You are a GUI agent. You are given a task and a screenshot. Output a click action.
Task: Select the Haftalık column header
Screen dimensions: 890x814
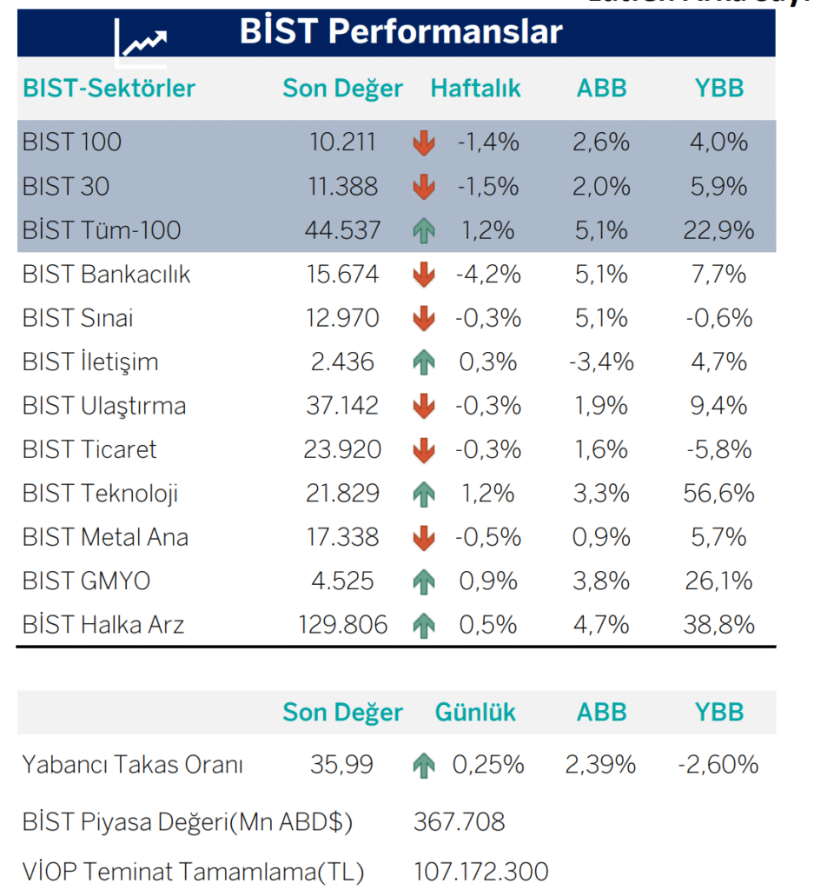click(475, 89)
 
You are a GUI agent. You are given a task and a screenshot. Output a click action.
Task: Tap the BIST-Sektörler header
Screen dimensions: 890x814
click(109, 89)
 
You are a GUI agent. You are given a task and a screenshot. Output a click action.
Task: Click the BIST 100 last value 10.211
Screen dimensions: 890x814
click(343, 142)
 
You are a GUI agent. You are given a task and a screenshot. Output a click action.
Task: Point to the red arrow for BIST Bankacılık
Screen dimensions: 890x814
click(423, 275)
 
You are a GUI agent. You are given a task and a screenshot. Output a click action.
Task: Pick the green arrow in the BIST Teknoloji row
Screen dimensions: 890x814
click(423, 494)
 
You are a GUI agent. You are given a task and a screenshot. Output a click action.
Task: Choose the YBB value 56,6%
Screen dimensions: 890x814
click(719, 494)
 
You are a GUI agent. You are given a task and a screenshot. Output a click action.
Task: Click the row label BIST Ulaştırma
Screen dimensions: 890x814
click(104, 406)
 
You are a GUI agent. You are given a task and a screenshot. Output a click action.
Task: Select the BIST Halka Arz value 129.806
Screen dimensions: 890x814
click(341, 624)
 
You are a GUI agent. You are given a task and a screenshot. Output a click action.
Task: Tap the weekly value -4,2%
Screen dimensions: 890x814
click(488, 275)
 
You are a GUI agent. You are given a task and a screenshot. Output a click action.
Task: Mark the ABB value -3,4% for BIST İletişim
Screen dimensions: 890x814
click(602, 362)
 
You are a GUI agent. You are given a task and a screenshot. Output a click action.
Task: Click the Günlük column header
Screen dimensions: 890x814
click(475, 713)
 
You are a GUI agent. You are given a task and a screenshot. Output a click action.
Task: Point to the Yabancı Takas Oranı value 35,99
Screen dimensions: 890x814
click(341, 765)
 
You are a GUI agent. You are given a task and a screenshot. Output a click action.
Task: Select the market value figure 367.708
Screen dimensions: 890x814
click(460, 821)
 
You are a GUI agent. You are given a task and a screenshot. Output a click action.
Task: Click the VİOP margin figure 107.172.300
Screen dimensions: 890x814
click(481, 871)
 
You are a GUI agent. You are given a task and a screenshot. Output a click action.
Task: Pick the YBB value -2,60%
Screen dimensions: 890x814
click(718, 765)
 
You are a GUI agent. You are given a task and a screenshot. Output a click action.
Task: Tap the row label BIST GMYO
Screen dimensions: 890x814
click(87, 581)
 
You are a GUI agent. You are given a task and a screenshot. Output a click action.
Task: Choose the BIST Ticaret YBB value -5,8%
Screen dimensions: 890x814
click(719, 449)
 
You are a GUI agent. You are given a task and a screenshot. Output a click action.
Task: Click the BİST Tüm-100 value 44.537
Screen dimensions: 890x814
click(343, 230)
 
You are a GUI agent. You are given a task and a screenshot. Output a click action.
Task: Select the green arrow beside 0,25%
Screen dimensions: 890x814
click(423, 765)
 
